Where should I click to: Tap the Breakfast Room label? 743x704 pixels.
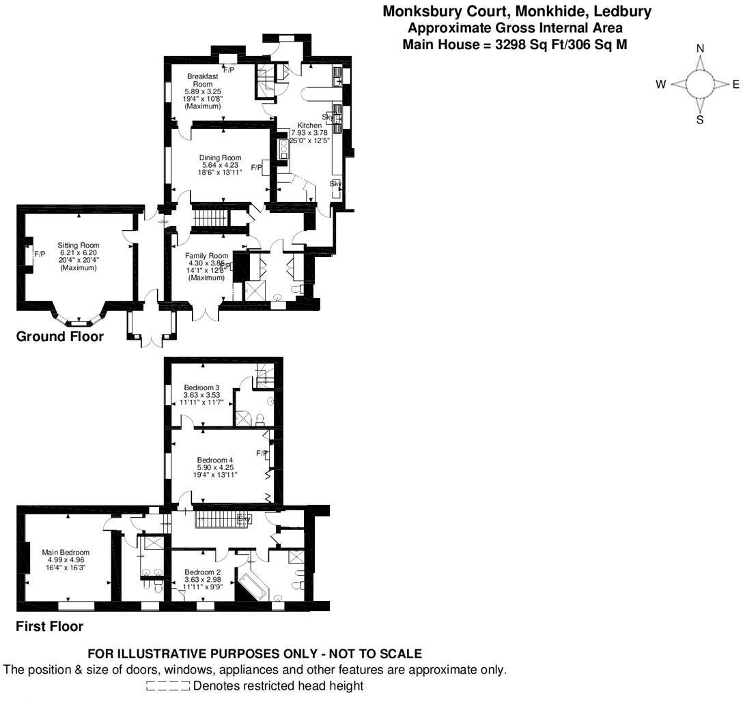203,76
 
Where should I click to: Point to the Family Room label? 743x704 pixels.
207,256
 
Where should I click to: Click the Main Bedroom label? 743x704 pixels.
66,553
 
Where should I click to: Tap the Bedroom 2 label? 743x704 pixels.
202,572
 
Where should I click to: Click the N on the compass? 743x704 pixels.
700,48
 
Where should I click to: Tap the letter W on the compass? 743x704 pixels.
660,85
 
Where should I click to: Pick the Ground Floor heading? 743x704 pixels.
60,336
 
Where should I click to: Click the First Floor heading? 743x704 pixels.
50,626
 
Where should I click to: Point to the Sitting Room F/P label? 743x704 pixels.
40,254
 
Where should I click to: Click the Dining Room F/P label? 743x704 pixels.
257,168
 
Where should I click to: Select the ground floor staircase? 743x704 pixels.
210,218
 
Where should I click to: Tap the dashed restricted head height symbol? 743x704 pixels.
168,686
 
